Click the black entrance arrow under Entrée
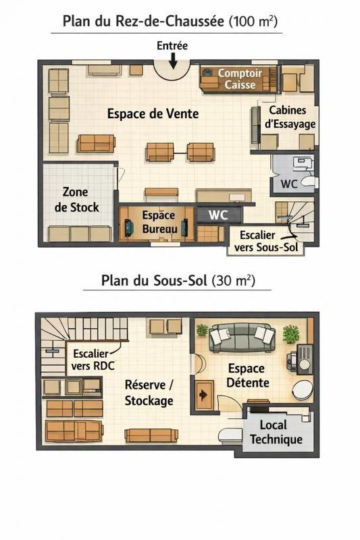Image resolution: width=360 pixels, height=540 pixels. tap(173, 61)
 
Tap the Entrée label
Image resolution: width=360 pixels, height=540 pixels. tap(172, 46)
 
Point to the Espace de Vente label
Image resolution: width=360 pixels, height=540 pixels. tap(153, 114)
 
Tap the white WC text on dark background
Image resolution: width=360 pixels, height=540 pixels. tap(217, 215)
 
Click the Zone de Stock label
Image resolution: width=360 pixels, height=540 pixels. tap(76, 200)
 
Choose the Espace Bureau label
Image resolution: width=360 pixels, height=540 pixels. tap(158, 223)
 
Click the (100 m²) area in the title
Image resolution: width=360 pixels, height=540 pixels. tap(253, 21)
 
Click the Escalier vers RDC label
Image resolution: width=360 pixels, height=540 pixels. tap(93, 358)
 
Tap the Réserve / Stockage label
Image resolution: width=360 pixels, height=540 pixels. tap(149, 392)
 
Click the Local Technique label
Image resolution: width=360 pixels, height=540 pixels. tap(276, 433)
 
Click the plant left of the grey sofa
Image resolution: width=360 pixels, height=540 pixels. tap(202, 330)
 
